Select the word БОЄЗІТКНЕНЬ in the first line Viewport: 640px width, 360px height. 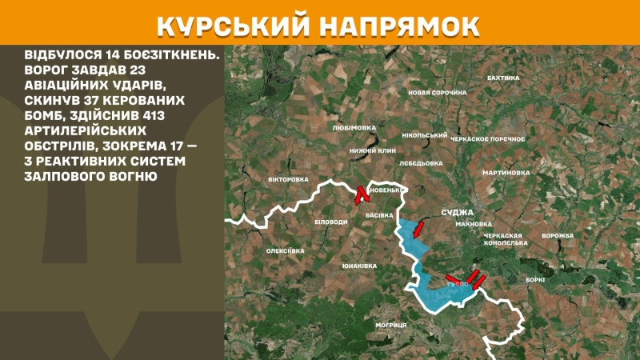169,55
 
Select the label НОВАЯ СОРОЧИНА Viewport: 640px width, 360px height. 437,93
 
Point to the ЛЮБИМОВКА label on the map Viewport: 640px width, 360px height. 353,127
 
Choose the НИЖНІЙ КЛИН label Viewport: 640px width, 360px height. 373,150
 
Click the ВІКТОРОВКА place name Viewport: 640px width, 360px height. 288,179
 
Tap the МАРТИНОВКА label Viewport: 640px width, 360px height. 506,172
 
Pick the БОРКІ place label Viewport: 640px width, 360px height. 535,279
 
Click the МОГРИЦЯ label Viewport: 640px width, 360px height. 391,325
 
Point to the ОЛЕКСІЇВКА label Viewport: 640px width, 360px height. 286,251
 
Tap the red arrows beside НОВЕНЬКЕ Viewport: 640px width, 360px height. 360,194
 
